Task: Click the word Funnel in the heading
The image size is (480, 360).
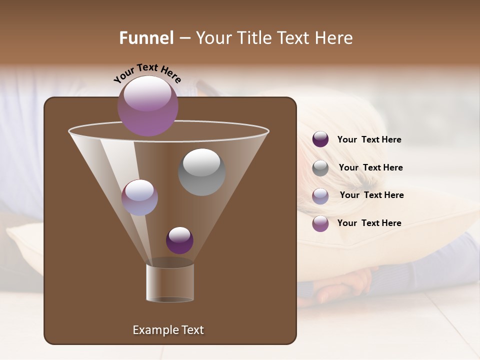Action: tap(146, 38)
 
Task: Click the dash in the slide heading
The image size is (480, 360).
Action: tap(184, 38)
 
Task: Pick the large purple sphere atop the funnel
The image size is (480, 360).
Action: tap(148, 105)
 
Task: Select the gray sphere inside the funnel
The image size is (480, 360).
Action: tap(201, 172)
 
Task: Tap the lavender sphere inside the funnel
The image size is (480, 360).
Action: tap(139, 197)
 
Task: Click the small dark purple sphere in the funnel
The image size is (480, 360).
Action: tap(179, 240)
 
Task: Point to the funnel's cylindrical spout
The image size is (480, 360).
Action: tap(170, 282)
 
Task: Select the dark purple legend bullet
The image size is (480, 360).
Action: tap(320, 139)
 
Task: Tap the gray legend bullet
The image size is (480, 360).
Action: tap(320, 168)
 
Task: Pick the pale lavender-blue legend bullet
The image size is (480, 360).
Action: tap(320, 196)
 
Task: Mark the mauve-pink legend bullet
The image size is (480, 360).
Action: tap(320, 223)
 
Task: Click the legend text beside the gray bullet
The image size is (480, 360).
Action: tap(370, 167)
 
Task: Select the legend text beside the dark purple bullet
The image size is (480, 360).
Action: tap(369, 139)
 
